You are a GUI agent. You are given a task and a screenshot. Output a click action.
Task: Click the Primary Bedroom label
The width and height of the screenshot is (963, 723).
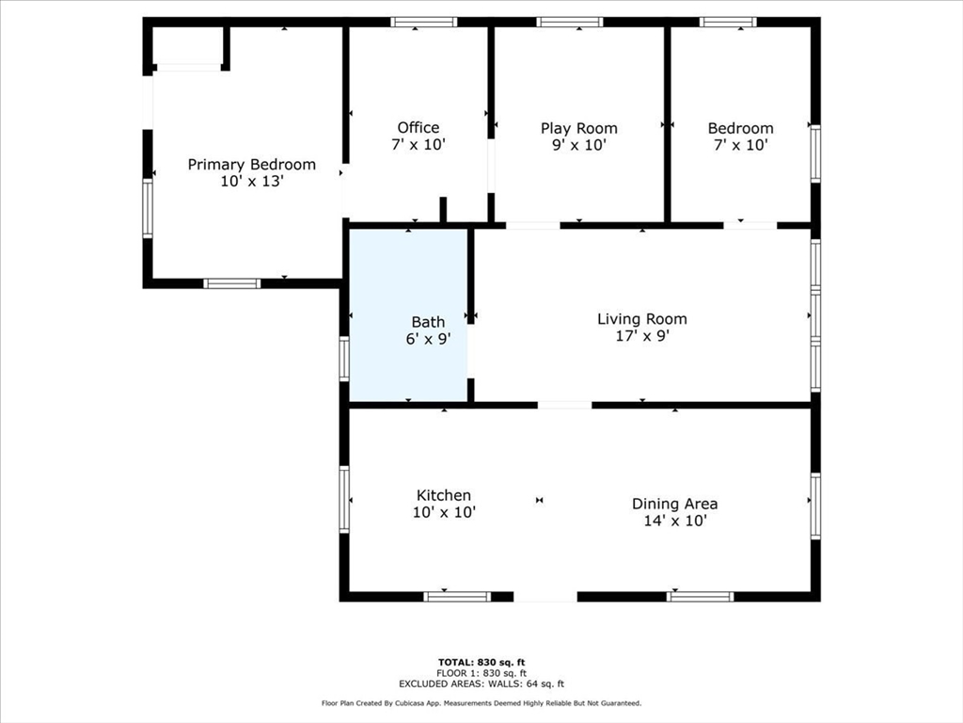(x=251, y=165)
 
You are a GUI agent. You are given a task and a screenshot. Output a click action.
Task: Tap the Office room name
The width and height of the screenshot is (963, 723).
(x=418, y=128)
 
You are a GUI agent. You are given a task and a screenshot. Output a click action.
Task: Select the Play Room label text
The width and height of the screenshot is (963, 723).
(x=578, y=128)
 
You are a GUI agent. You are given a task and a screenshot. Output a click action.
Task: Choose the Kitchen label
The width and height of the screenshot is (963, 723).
(x=444, y=495)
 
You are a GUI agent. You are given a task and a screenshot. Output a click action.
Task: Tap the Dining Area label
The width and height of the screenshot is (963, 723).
(x=674, y=504)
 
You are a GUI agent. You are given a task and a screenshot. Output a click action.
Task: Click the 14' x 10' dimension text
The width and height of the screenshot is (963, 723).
(x=674, y=521)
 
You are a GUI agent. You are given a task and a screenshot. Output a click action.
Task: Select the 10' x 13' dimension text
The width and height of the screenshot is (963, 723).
(x=251, y=182)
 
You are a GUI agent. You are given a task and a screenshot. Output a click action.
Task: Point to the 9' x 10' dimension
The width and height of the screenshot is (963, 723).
(x=578, y=145)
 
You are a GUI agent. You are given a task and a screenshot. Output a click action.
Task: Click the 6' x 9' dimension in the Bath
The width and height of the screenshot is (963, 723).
(x=428, y=339)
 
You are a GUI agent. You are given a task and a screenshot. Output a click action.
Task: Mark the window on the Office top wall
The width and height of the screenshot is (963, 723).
(x=424, y=22)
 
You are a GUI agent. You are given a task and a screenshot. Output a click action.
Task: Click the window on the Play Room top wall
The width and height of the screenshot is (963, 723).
(x=570, y=22)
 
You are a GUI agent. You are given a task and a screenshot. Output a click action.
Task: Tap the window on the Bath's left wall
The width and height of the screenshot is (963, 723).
(x=344, y=359)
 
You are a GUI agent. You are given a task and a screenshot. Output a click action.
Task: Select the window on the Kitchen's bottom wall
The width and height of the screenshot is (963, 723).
(x=457, y=596)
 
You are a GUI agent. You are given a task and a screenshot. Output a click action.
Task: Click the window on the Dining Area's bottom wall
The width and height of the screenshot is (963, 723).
(x=700, y=596)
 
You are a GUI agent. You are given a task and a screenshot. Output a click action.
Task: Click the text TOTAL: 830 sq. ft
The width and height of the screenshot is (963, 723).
(x=481, y=662)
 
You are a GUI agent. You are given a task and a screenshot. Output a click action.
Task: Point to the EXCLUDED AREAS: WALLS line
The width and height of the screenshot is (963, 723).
(x=481, y=684)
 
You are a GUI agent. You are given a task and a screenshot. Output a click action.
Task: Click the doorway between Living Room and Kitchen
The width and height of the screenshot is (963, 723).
(x=564, y=405)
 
